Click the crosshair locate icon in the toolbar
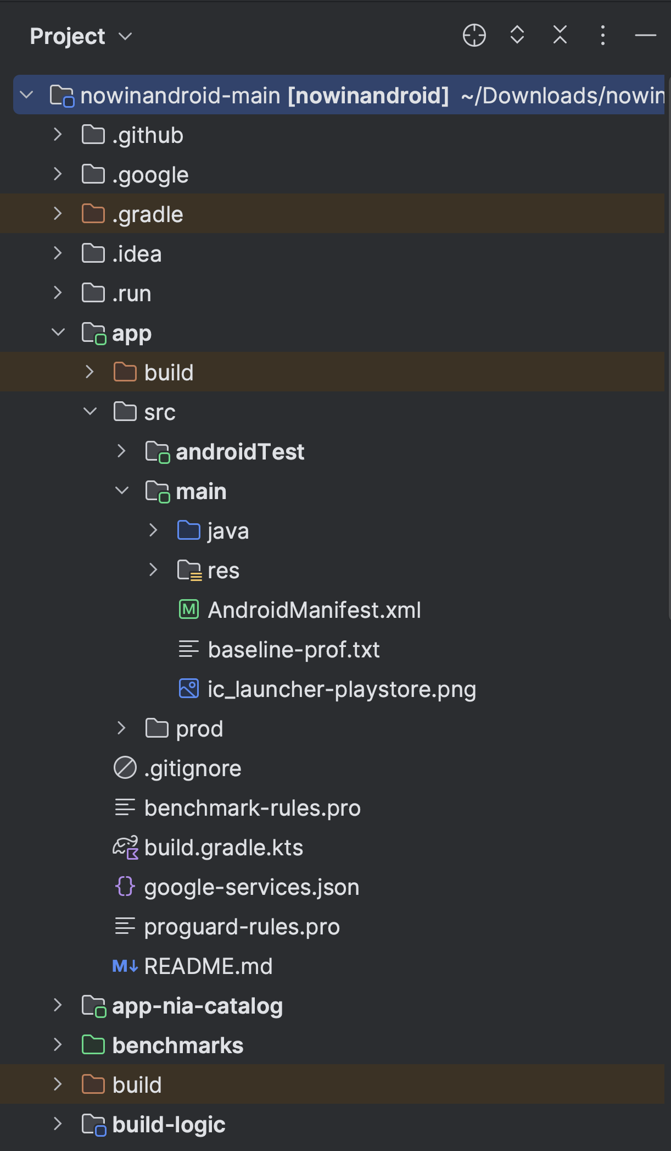(x=474, y=36)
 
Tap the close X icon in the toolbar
(x=560, y=35)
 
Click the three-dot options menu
(x=602, y=36)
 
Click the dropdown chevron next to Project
(x=126, y=36)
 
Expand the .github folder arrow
(x=58, y=135)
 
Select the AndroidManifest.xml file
(x=314, y=610)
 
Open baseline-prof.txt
(x=294, y=650)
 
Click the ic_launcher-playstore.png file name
(x=342, y=689)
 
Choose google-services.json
(x=251, y=887)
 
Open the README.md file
(x=208, y=966)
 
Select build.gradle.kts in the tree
(x=223, y=848)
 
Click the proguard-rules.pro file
(x=242, y=927)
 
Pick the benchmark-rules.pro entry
(x=252, y=808)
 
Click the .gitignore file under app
(x=192, y=768)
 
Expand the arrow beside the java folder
(x=153, y=530)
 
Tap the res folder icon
(x=189, y=571)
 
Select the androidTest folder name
(x=240, y=452)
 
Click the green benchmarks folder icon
(x=93, y=1045)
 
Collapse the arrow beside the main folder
(x=122, y=491)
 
